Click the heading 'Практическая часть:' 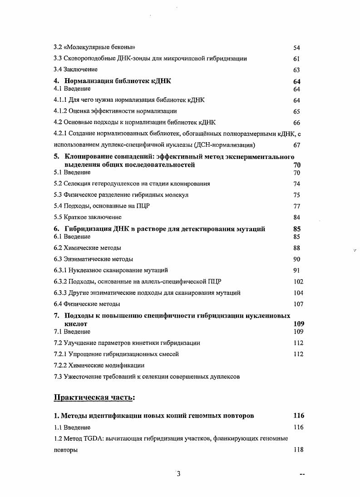click(94, 398)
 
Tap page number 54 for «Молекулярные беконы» click(297, 48)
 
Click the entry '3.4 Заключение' click(75, 70)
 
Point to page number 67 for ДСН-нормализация click(297, 145)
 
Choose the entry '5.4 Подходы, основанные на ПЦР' click(102, 206)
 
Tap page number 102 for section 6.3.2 click(298, 282)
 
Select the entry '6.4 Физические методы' click(87, 304)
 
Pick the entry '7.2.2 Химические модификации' click(99, 365)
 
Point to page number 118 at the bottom click(298, 450)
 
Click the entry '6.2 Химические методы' click(87, 248)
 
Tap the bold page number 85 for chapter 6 click(297, 229)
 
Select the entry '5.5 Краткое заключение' click(88, 217)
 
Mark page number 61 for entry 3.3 click(297, 59)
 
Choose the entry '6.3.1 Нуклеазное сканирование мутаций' click(111, 270)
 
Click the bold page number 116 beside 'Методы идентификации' click(298, 415)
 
